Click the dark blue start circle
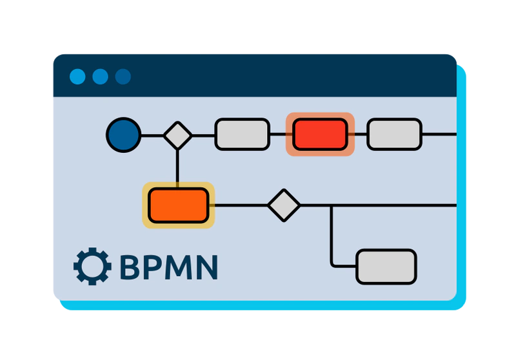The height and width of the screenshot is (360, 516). pos(123,135)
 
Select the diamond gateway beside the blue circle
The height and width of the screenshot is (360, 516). pos(177,135)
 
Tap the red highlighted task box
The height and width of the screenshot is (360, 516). pos(320,134)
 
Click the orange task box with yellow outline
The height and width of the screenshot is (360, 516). pos(178,205)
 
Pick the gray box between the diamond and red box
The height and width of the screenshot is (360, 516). pos(242,134)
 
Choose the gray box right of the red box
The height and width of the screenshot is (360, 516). pos(394,134)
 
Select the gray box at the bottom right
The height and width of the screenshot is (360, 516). pos(386,266)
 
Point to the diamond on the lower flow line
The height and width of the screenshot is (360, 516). pos(284,205)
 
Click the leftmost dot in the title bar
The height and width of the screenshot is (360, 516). pos(77,77)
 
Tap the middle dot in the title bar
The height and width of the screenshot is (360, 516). pos(100,77)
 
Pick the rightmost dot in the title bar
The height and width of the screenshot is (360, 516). pos(123,77)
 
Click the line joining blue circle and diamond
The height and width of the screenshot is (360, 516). pos(152,135)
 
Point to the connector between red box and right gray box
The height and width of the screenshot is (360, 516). pos(361,135)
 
